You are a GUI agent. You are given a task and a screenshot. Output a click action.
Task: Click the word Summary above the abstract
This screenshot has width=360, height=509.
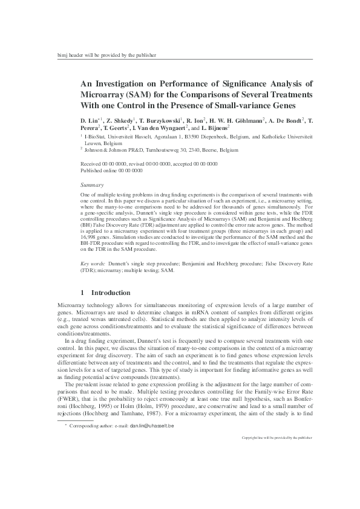(92, 184)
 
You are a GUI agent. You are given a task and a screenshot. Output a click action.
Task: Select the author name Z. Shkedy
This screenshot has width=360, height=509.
(123, 121)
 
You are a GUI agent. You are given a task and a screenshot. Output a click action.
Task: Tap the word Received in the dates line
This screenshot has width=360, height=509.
(91, 164)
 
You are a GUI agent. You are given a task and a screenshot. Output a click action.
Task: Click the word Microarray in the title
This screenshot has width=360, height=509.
(106, 96)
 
